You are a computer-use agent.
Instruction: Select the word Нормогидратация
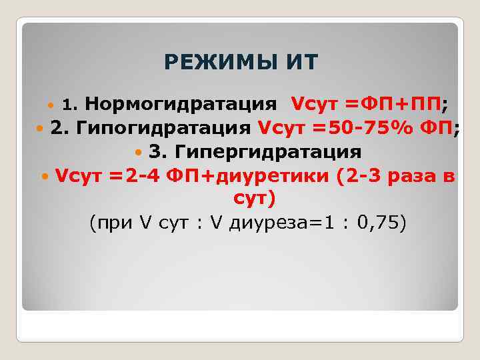point(181,104)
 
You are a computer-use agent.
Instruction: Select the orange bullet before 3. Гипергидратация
point(139,152)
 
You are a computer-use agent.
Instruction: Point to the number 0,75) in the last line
point(380,223)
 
